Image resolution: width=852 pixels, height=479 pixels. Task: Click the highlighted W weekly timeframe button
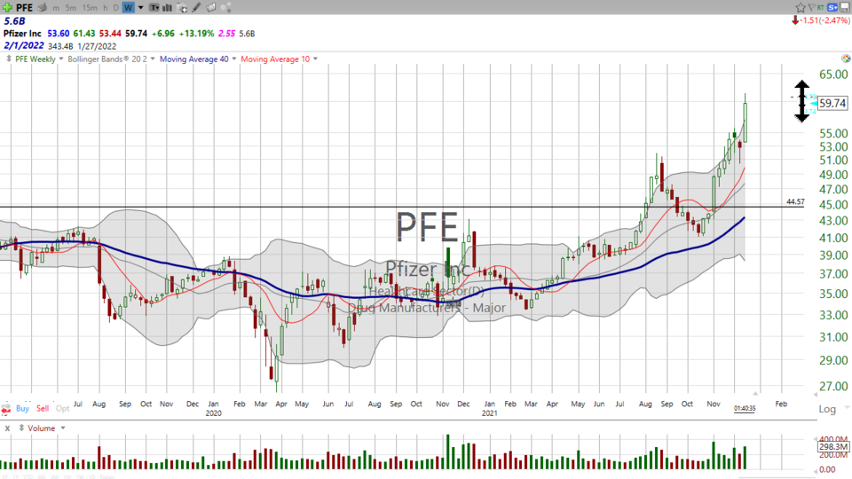128,7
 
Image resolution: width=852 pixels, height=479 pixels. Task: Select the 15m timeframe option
89,7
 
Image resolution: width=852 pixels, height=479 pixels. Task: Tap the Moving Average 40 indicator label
193,59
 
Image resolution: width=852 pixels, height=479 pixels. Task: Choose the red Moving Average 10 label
275,59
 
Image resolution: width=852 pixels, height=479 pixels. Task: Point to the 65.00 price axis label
832,75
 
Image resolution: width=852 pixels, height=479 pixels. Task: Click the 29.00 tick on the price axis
832,360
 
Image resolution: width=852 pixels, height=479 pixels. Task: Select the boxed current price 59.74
832,103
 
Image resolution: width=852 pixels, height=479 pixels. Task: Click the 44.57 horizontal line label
795,202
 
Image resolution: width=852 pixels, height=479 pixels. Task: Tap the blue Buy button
22,409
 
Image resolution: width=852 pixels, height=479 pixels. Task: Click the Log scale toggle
827,409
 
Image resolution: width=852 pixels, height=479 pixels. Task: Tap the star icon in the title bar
801,7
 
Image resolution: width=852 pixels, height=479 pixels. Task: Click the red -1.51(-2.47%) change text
819,20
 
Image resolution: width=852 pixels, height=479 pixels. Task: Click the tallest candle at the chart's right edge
745,121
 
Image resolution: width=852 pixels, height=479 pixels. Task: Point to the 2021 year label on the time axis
489,412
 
